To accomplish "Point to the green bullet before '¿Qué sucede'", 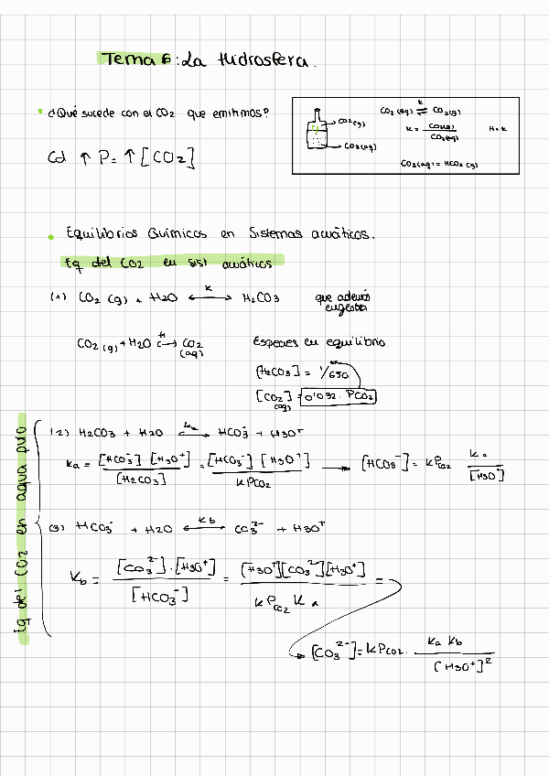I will pyautogui.click(x=40, y=112).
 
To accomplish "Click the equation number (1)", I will pyautogui.click(x=59, y=297).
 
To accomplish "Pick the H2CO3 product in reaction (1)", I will pyautogui.click(x=261, y=297).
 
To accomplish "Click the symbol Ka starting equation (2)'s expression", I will pyautogui.click(x=73, y=466).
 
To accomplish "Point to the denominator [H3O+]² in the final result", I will pyautogui.click(x=462, y=667).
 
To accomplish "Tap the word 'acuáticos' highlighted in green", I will pyautogui.click(x=247, y=264).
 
